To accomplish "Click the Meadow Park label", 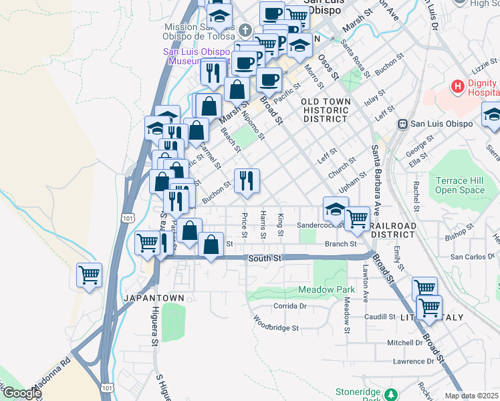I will pos(326,290).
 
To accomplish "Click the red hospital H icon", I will pos(458,86).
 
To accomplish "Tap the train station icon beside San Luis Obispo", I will pos(403,124).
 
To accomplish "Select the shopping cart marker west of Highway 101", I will pos(89,274).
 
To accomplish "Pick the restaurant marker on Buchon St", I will pos(247,180).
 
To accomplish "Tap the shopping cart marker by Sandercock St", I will pos(358,218).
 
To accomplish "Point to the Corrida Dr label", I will pos(289,306).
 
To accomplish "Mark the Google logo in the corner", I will pos(21,394).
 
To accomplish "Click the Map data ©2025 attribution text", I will pos(472,396).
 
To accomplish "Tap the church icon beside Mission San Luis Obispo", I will pos(245,30).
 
